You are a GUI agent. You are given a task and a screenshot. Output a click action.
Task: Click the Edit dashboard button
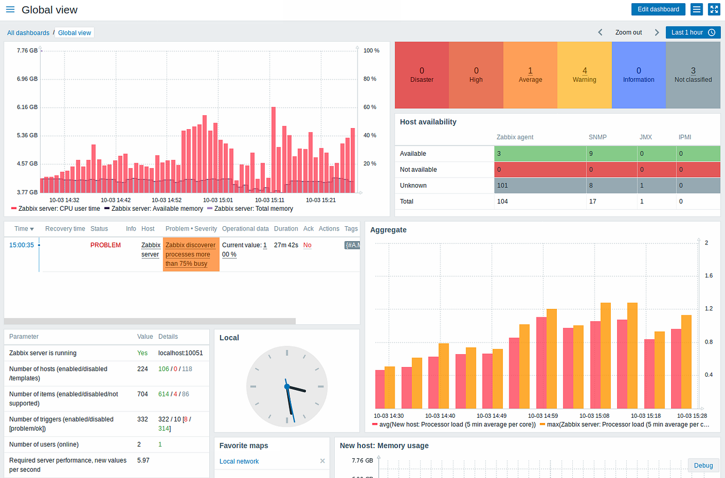(658, 9)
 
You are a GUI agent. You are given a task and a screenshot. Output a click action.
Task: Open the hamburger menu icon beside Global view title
(10, 10)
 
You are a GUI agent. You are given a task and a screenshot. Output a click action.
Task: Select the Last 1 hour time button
(692, 32)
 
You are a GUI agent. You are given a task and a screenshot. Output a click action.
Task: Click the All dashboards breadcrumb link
(28, 33)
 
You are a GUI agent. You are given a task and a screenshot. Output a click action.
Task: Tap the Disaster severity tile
(422, 75)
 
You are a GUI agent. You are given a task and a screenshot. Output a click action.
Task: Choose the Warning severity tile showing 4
(585, 75)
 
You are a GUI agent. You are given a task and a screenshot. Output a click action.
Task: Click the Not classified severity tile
(693, 75)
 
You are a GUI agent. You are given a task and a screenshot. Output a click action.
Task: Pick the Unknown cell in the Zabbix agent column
(540, 186)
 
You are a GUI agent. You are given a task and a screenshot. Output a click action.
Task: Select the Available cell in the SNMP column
(611, 154)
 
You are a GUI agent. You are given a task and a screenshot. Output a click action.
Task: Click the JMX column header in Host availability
(645, 137)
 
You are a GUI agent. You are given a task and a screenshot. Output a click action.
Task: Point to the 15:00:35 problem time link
(21, 245)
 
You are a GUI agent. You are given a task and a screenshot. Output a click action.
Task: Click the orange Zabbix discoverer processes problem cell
(191, 254)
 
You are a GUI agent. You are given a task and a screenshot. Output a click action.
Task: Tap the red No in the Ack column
(307, 245)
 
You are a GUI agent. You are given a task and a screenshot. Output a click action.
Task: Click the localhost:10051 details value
(180, 353)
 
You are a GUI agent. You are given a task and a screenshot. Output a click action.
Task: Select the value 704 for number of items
(143, 394)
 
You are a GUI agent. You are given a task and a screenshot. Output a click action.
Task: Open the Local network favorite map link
(239, 461)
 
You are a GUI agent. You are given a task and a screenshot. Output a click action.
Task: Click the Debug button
(703, 466)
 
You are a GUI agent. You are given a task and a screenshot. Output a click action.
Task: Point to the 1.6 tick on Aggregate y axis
(708, 276)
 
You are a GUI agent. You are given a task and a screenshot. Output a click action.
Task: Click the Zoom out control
(628, 32)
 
